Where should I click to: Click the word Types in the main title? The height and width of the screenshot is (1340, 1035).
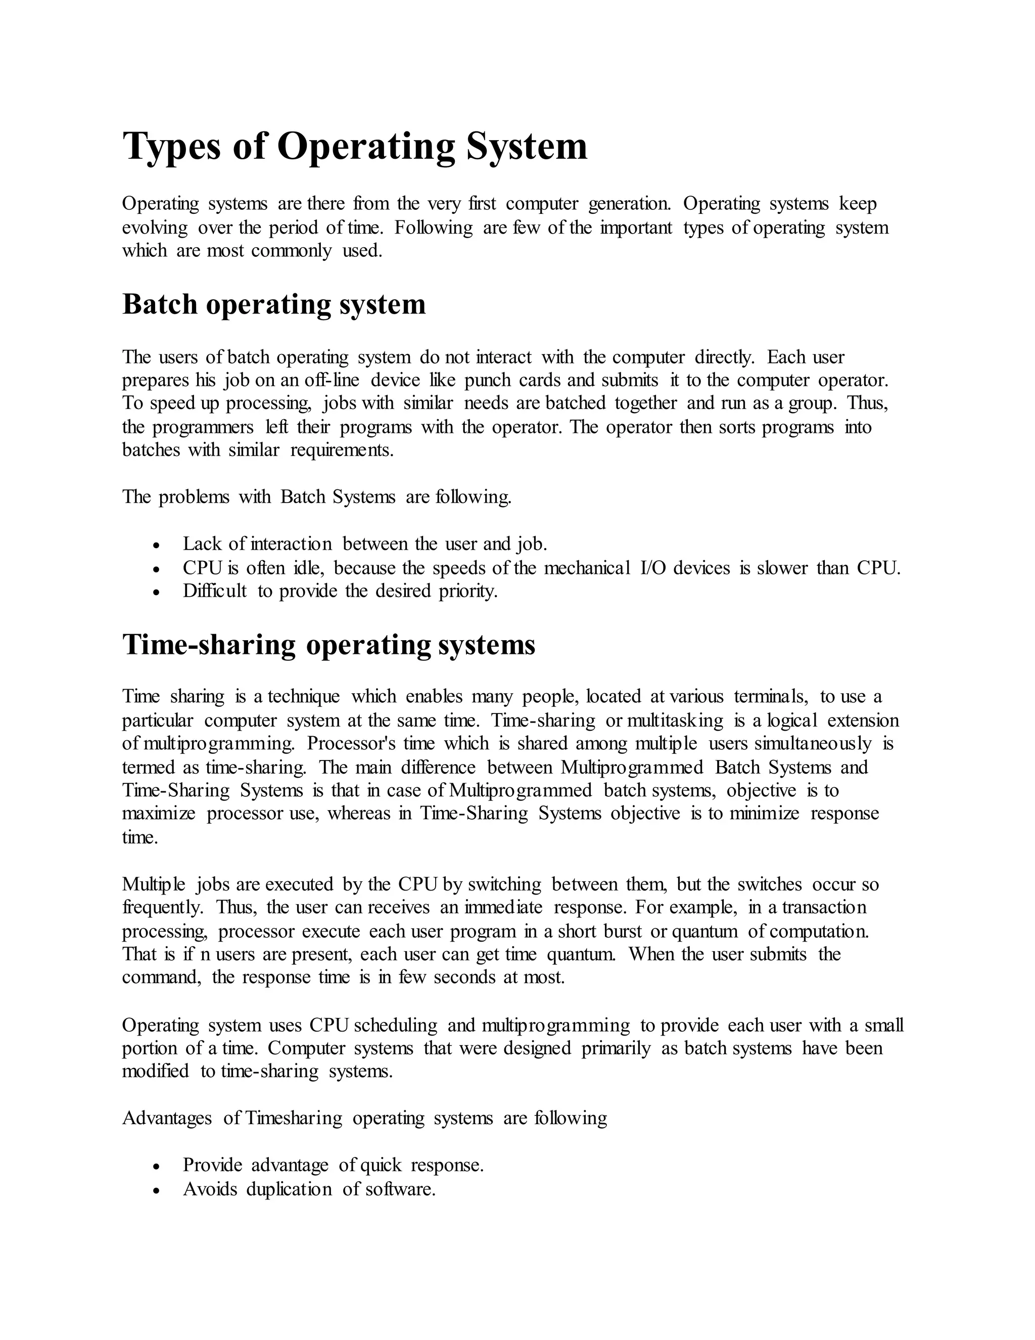(x=172, y=147)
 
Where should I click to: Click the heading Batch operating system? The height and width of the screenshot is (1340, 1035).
(x=273, y=304)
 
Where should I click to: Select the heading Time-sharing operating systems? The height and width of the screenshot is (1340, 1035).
(x=328, y=645)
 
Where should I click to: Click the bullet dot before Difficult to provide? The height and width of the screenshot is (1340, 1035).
(x=157, y=593)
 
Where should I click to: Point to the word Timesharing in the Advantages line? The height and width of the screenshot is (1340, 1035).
(x=294, y=1118)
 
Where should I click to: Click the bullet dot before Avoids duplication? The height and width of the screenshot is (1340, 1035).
(x=157, y=1191)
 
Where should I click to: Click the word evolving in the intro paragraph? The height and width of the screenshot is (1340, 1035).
(x=155, y=228)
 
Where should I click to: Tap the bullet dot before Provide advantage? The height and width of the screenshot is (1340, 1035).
(x=157, y=1167)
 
